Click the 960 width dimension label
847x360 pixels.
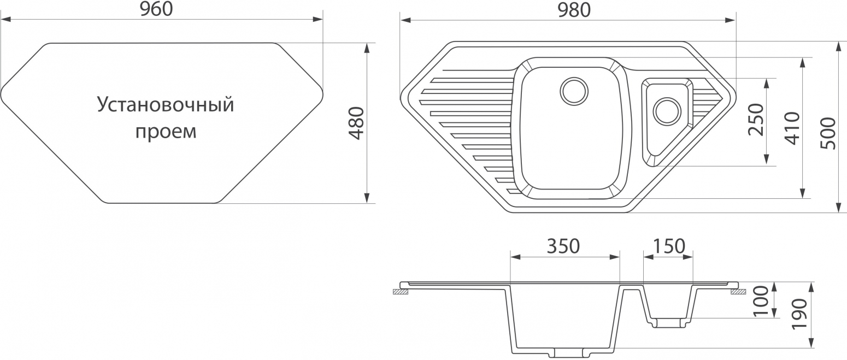(156, 9)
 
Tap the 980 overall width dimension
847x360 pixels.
(574, 10)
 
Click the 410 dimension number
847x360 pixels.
(793, 128)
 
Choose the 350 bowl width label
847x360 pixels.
(563, 246)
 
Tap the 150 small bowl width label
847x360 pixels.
(669, 246)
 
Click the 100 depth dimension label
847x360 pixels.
(761, 301)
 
